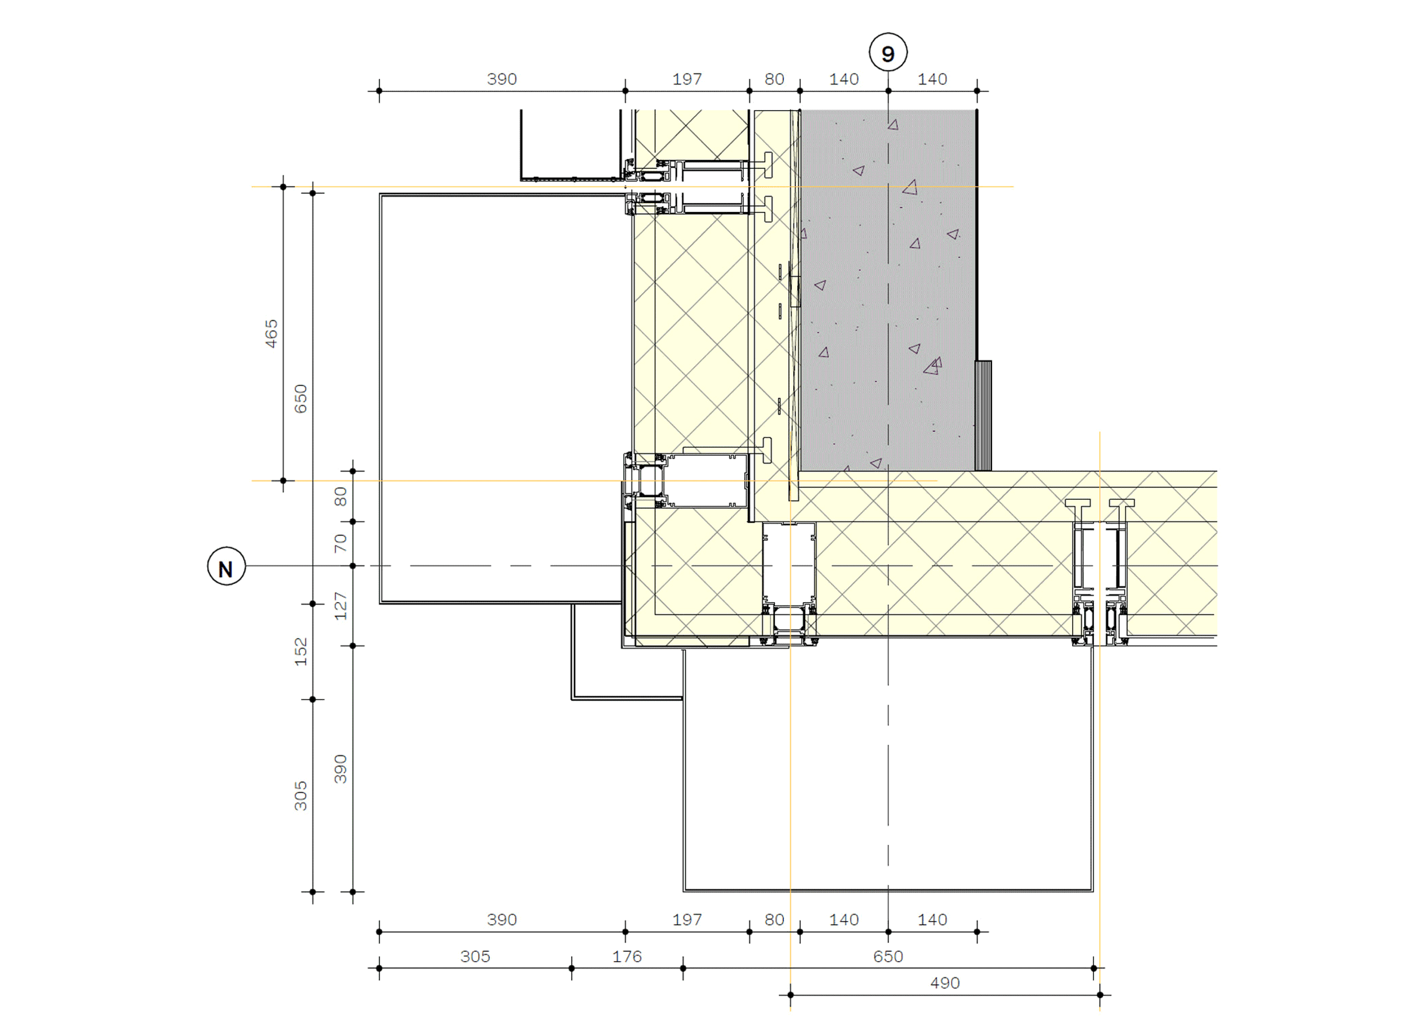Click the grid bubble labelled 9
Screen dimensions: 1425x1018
(888, 53)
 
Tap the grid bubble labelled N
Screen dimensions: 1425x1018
(227, 566)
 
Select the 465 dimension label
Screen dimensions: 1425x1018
(271, 333)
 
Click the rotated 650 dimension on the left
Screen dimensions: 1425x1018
(301, 399)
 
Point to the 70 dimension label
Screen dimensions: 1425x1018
(341, 543)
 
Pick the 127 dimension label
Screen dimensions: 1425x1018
(341, 606)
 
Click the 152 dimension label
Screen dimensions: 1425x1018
(301, 651)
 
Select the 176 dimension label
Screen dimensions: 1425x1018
(627, 957)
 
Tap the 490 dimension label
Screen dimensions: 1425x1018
(945, 983)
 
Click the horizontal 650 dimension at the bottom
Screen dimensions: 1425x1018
(888, 957)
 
